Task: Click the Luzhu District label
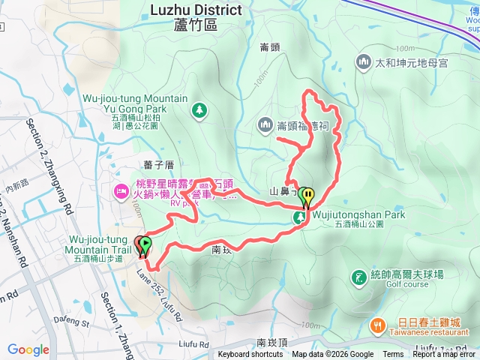click(196, 10)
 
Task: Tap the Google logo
click(28, 349)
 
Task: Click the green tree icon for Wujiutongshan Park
click(300, 217)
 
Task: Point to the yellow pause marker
click(308, 197)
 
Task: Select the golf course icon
click(358, 277)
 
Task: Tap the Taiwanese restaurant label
click(424, 332)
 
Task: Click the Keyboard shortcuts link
click(250, 355)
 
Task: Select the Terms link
click(393, 355)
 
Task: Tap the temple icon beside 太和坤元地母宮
click(364, 61)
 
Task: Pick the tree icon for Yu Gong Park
click(199, 111)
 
